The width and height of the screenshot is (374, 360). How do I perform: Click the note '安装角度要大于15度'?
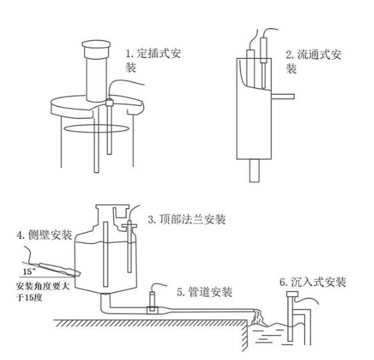[x=43, y=291]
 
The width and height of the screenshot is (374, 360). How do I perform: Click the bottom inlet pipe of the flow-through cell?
[x=255, y=171]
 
